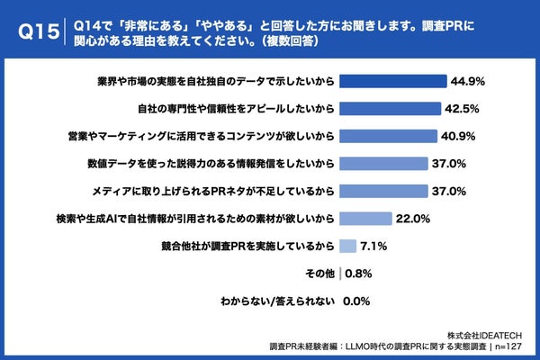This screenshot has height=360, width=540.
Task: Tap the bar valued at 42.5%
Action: click(389, 109)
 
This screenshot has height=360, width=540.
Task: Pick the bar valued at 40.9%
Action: click(385, 136)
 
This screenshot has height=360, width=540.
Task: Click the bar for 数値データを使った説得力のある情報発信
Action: click(377, 164)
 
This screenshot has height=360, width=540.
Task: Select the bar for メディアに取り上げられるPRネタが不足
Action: click(377, 191)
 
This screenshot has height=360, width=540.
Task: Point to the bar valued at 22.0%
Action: click(365, 219)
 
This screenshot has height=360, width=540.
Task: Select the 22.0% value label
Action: click(413, 219)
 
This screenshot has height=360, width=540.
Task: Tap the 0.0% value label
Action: click(357, 301)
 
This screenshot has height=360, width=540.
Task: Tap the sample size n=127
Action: click(511, 346)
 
